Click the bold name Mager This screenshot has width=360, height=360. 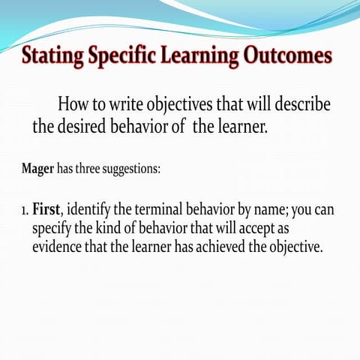click(x=37, y=168)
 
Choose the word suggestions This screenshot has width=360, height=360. click(x=133, y=169)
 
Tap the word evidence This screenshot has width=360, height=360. click(x=61, y=247)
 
